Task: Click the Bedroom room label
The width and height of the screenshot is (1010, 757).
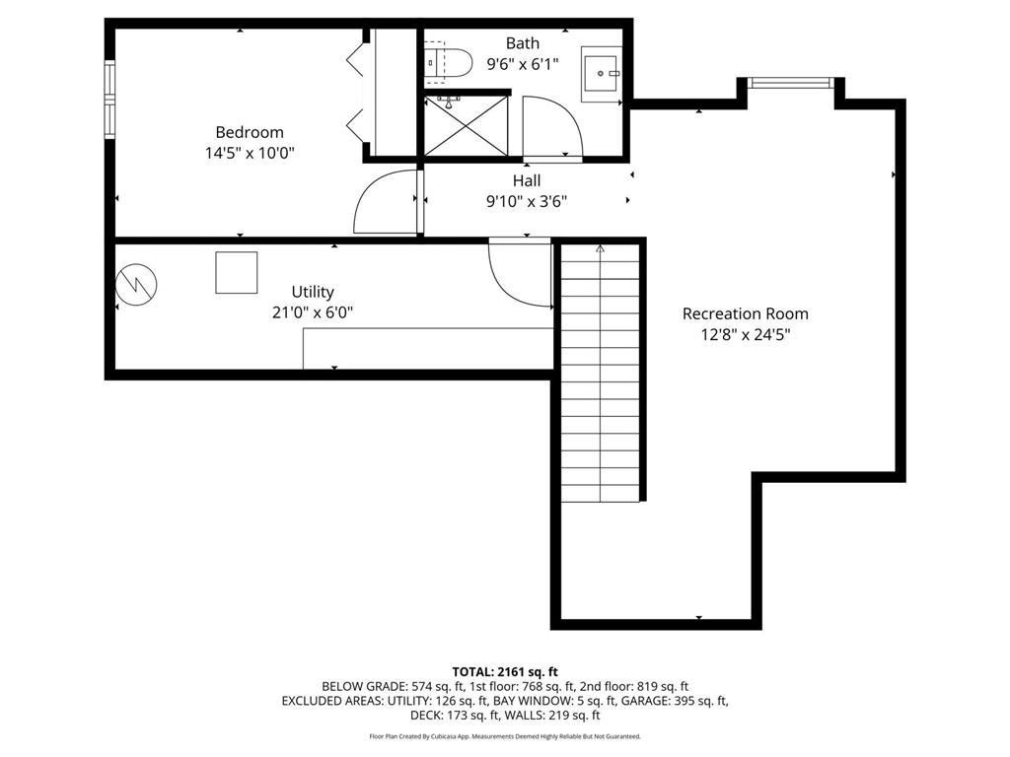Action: pos(250,132)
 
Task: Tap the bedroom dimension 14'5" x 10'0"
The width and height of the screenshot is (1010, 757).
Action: pos(250,153)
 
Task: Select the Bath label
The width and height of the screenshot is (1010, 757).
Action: pos(522,43)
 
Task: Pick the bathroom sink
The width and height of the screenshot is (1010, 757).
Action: pos(600,71)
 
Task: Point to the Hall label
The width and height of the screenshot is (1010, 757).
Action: pos(526,180)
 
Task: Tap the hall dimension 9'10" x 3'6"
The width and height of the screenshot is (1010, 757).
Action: pos(526,201)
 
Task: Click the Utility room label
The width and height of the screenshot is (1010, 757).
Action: pos(313,292)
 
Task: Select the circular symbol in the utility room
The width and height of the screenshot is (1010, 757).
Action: pos(136,285)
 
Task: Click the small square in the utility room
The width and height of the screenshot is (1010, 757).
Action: pos(237,273)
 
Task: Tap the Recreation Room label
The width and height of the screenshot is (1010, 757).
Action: pos(745,313)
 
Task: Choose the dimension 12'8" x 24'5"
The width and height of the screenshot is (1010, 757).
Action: pos(745,334)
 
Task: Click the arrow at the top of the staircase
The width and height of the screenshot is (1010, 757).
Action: pos(600,250)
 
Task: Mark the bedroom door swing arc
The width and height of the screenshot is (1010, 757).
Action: pos(383,202)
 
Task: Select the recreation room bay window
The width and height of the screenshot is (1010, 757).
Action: pos(791,83)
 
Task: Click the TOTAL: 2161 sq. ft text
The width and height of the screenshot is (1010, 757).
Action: pos(505,671)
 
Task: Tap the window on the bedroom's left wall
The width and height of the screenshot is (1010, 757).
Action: pos(110,98)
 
